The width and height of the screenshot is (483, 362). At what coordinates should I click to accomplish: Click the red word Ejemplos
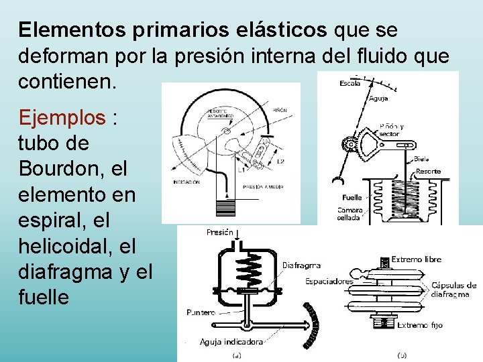click(x=62, y=118)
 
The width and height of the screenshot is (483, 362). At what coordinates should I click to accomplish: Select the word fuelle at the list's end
click(x=44, y=296)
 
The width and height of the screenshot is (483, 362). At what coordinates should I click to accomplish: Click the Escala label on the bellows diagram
click(x=350, y=84)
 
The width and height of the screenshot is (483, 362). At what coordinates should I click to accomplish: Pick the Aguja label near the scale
click(x=378, y=99)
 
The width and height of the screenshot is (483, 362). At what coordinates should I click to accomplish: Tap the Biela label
click(x=422, y=159)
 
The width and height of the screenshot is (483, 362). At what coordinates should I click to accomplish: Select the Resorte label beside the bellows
click(x=428, y=171)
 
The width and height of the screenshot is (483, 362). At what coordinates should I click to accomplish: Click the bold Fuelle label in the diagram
click(x=352, y=198)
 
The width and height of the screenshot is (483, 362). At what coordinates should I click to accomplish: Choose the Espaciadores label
click(x=329, y=281)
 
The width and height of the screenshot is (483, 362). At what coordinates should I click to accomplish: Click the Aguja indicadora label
click(x=231, y=341)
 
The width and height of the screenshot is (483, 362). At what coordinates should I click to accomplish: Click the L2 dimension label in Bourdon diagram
click(x=280, y=161)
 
